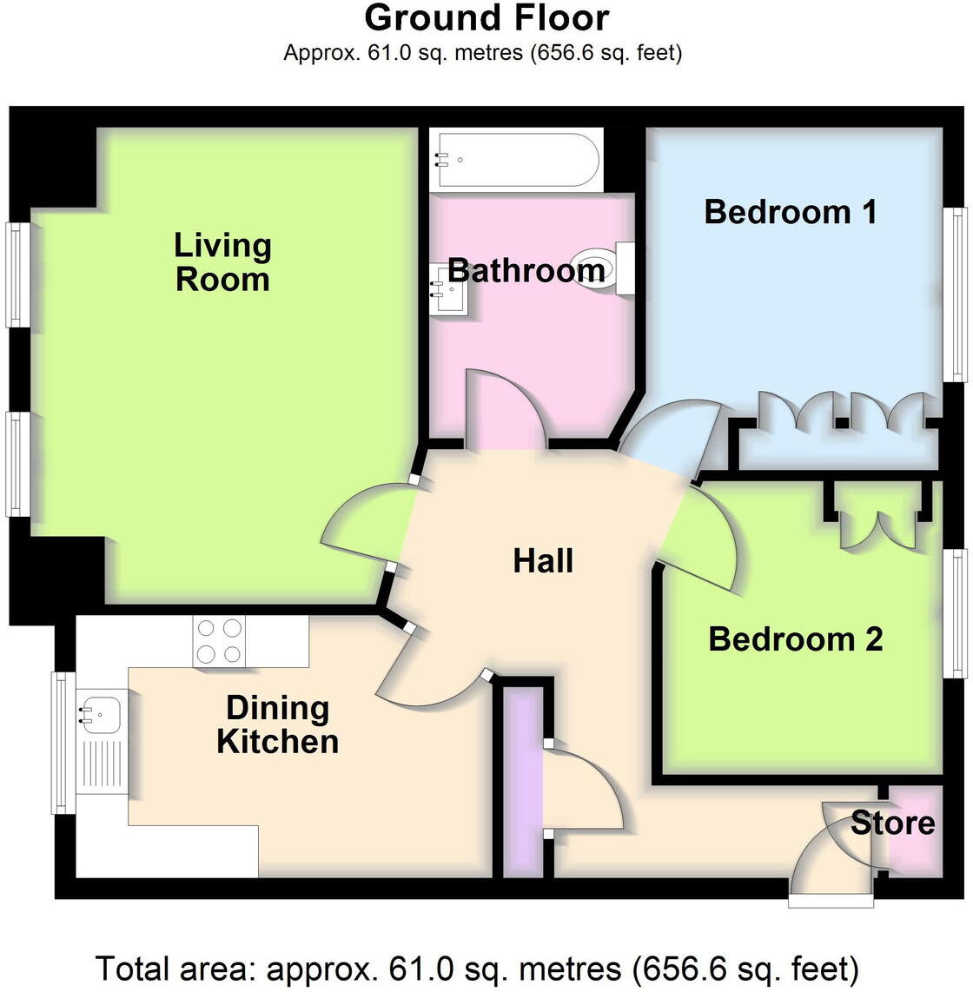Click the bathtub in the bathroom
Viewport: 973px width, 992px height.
tap(518, 160)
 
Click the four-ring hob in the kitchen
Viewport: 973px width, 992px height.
tap(219, 641)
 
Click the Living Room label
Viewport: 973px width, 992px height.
tap(222, 261)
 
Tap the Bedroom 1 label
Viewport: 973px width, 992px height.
tap(790, 211)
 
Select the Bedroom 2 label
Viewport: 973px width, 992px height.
tap(795, 638)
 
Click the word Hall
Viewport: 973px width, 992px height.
tap(543, 560)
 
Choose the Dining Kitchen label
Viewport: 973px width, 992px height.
tap(277, 724)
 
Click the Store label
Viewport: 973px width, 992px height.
tap(892, 822)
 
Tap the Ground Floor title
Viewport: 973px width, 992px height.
tap(486, 17)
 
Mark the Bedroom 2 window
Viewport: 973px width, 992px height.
tap(957, 613)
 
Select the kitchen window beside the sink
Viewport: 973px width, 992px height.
tap(62, 743)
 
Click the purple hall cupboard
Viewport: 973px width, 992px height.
tap(523, 782)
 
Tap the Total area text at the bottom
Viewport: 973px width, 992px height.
tap(477, 968)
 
